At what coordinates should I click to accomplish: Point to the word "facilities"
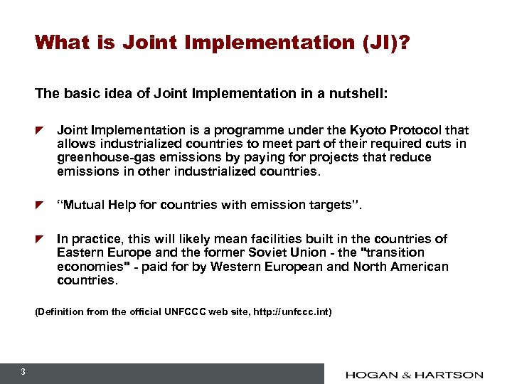pos(258,239)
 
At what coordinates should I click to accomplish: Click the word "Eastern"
pos(80,252)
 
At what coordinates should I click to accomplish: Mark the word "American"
pos(418,267)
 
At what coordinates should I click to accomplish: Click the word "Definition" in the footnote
pos(60,311)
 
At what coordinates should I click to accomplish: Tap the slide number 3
pos(23,372)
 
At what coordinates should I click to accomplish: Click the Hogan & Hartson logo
pos(415,375)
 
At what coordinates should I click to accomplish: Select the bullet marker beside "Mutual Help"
pos(41,206)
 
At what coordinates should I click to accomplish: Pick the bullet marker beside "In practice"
pos(41,239)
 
